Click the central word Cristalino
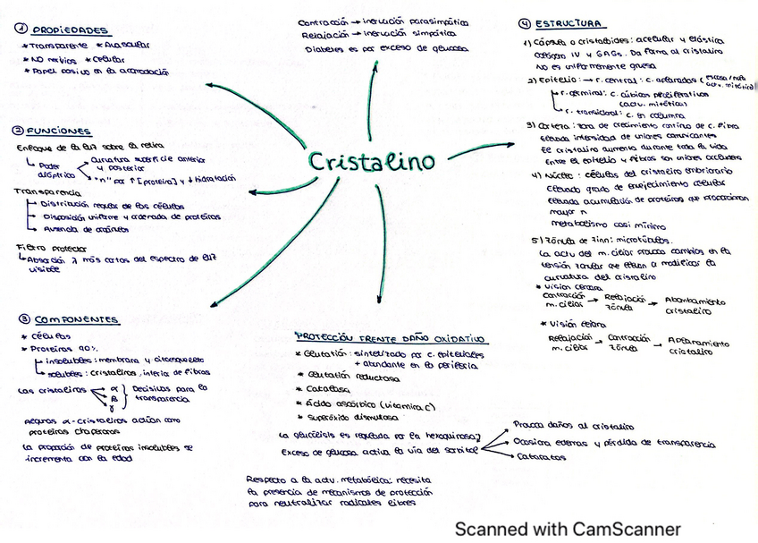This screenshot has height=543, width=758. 372,162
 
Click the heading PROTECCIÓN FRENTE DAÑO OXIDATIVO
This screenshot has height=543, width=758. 390,339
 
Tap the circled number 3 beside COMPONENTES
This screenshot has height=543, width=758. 21,318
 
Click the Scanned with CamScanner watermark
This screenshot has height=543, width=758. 568,529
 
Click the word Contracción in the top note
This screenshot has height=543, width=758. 321,21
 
